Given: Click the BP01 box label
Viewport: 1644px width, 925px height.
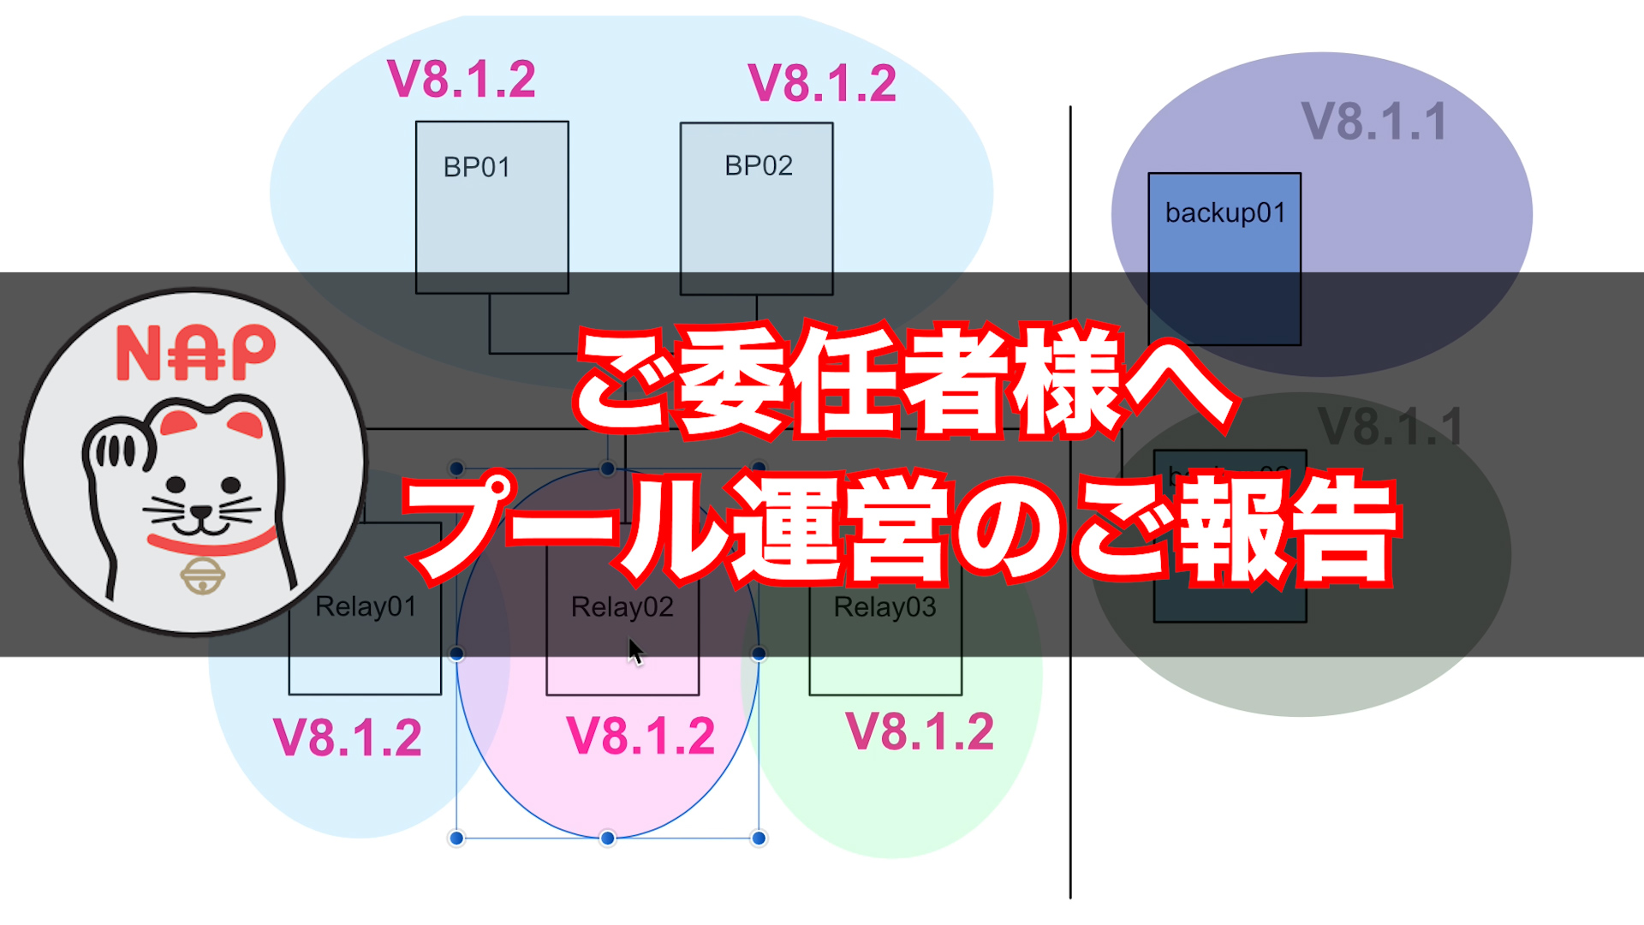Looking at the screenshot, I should click(x=476, y=167).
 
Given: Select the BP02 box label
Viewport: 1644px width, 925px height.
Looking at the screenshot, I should click(x=758, y=165).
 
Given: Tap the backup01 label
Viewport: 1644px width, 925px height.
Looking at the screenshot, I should click(x=1224, y=212).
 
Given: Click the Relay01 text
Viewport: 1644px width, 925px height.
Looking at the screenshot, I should click(x=366, y=606).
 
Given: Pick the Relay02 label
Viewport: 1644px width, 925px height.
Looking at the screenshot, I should click(x=622, y=606).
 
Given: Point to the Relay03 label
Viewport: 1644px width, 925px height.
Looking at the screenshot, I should click(x=885, y=606).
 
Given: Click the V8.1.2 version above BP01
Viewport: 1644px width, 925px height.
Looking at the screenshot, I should click(x=462, y=80).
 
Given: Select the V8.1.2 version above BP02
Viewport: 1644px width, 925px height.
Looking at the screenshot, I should click(x=822, y=84).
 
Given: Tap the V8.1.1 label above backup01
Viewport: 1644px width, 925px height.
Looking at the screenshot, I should click(x=1373, y=122).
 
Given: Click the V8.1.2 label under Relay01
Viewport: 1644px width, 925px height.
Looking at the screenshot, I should click(x=348, y=737).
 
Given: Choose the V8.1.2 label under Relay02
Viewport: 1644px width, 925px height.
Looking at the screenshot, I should click(x=640, y=736).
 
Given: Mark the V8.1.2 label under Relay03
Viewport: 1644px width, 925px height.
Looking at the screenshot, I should click(x=920, y=732).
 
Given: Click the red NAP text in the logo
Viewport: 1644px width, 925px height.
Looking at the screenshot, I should click(x=196, y=352).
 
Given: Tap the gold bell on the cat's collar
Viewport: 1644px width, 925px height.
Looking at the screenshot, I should click(x=203, y=575).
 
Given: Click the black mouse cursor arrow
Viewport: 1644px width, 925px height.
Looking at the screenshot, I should click(x=634, y=652).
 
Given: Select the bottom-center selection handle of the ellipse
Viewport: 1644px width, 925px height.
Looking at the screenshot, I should click(x=607, y=838).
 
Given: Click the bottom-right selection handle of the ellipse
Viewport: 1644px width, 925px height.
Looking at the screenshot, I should click(x=759, y=838).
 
